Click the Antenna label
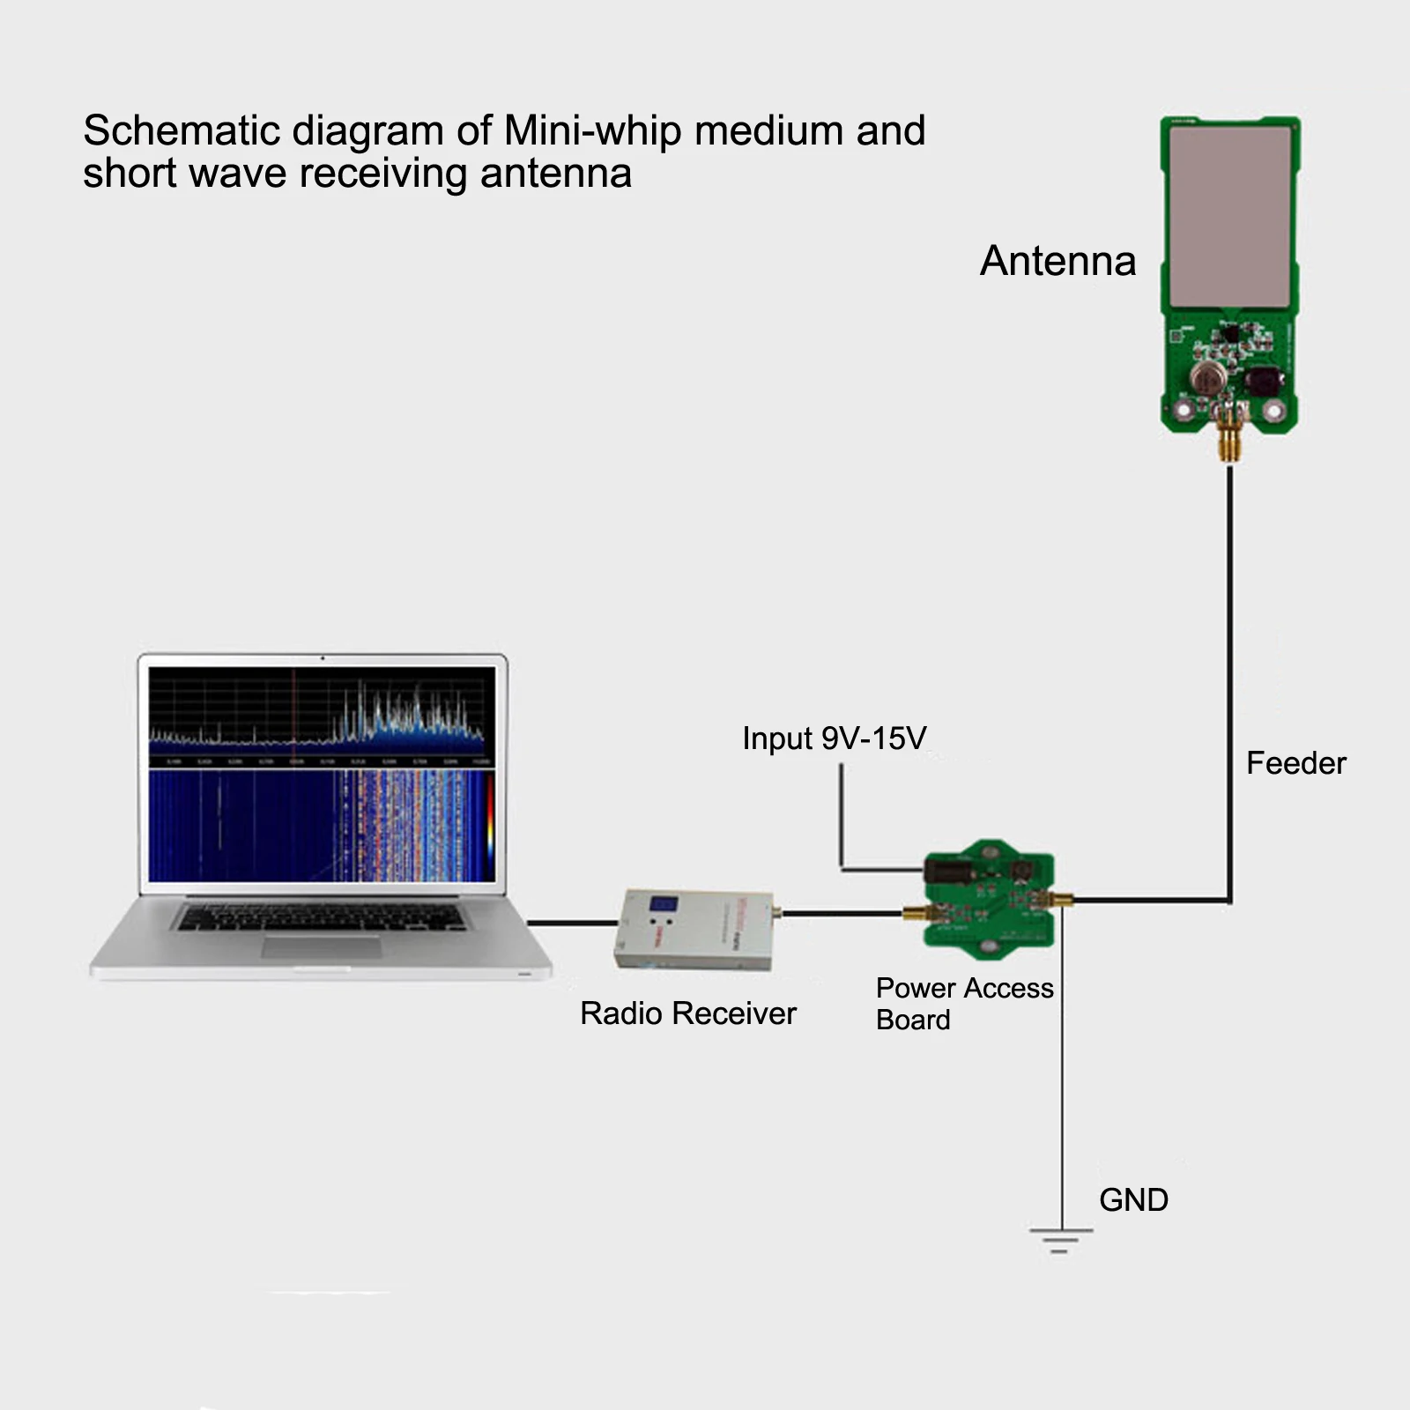1057,261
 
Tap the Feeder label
1295,763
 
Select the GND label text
1133,1200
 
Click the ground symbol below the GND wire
1060,1239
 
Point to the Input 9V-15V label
834,738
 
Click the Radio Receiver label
687,1013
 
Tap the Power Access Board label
964,1003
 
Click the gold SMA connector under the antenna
1228,441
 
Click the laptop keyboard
322,916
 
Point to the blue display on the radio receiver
663,904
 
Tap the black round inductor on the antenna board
1265,382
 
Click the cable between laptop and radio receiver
573,923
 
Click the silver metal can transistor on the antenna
1208,377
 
